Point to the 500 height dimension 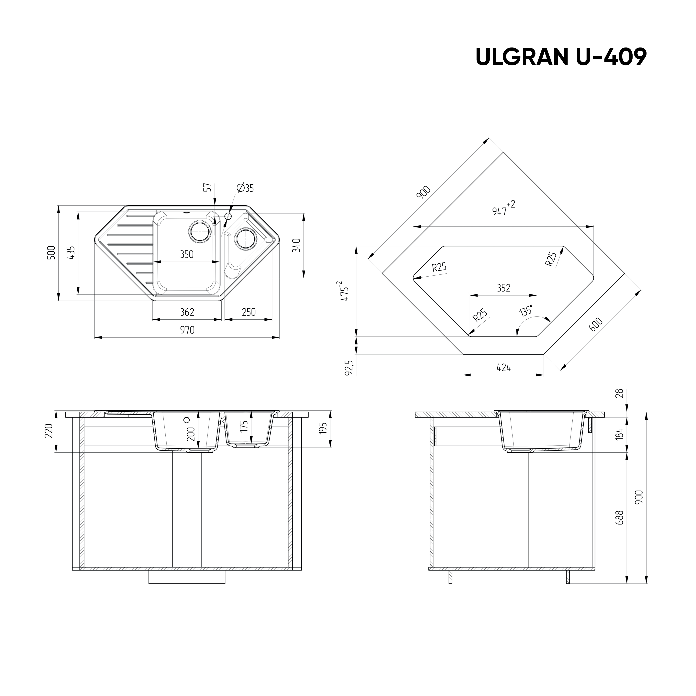[51, 253]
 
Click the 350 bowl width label [187, 254]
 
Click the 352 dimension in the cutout [503, 288]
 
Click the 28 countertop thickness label [620, 393]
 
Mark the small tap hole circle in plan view [228, 216]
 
